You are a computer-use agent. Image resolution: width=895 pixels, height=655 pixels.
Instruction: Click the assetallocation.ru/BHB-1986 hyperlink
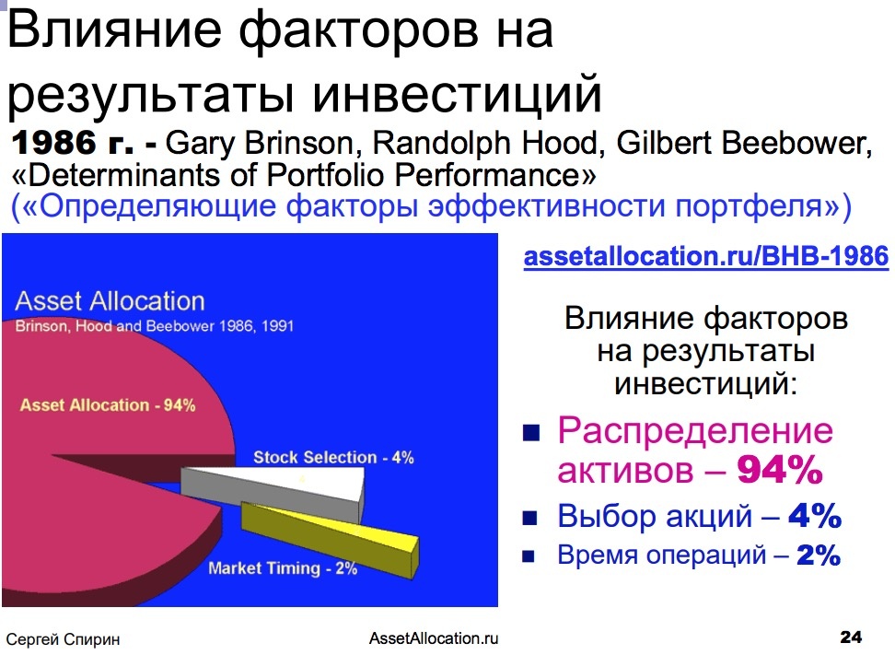pos(706,256)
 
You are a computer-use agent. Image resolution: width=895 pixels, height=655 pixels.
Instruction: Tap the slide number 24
pos(851,637)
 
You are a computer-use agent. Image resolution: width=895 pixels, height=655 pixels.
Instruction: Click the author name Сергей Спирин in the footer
pos(63,639)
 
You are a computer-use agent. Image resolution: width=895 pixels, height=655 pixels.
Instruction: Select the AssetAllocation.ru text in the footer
pos(434,637)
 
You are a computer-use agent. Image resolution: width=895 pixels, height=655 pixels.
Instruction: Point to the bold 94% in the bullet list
pos(779,470)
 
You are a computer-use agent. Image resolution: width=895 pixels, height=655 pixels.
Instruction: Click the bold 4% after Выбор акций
pos(815,516)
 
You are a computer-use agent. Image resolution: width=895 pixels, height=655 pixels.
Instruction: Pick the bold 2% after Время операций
pos(819,555)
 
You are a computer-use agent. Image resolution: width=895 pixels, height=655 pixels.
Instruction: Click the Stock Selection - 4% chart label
pos(333,458)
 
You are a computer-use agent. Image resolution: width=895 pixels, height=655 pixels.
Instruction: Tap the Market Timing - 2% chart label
pos(283,568)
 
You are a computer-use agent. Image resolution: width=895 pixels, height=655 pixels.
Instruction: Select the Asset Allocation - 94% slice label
pos(108,404)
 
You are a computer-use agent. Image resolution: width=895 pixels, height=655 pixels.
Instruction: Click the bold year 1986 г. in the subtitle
pos(73,143)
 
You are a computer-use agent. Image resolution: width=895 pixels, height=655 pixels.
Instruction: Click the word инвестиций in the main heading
pos(458,93)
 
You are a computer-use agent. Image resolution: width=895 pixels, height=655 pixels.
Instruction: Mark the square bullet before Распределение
pos(531,433)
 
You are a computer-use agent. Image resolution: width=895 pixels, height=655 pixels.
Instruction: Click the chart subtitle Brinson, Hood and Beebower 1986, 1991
pos(154,326)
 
